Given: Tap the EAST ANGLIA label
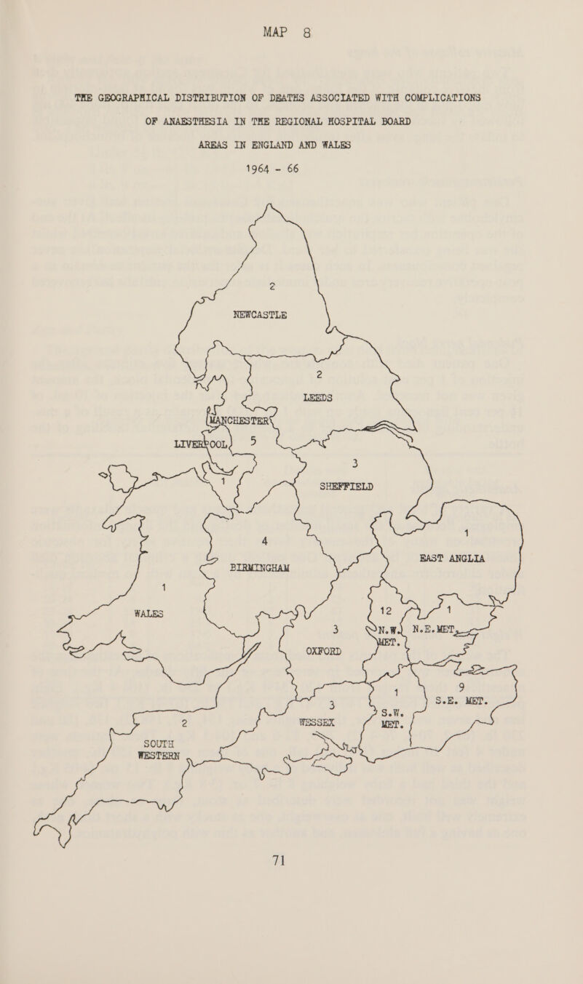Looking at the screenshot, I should coord(463,559).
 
